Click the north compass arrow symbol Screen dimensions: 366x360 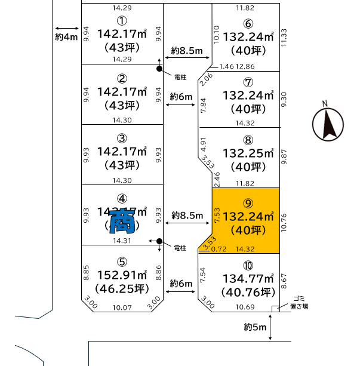coord(328,124)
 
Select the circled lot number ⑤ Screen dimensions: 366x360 coord(122,261)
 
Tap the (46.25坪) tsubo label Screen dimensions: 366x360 coord(122,290)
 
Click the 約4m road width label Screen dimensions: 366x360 coord(66,37)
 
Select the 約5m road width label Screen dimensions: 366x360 coord(255,327)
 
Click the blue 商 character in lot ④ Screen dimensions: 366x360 coord(122,221)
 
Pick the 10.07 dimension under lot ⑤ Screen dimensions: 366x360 coord(122,307)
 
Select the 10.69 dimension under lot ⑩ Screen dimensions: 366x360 coord(245,307)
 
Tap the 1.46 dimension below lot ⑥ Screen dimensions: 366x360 coord(226,66)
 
